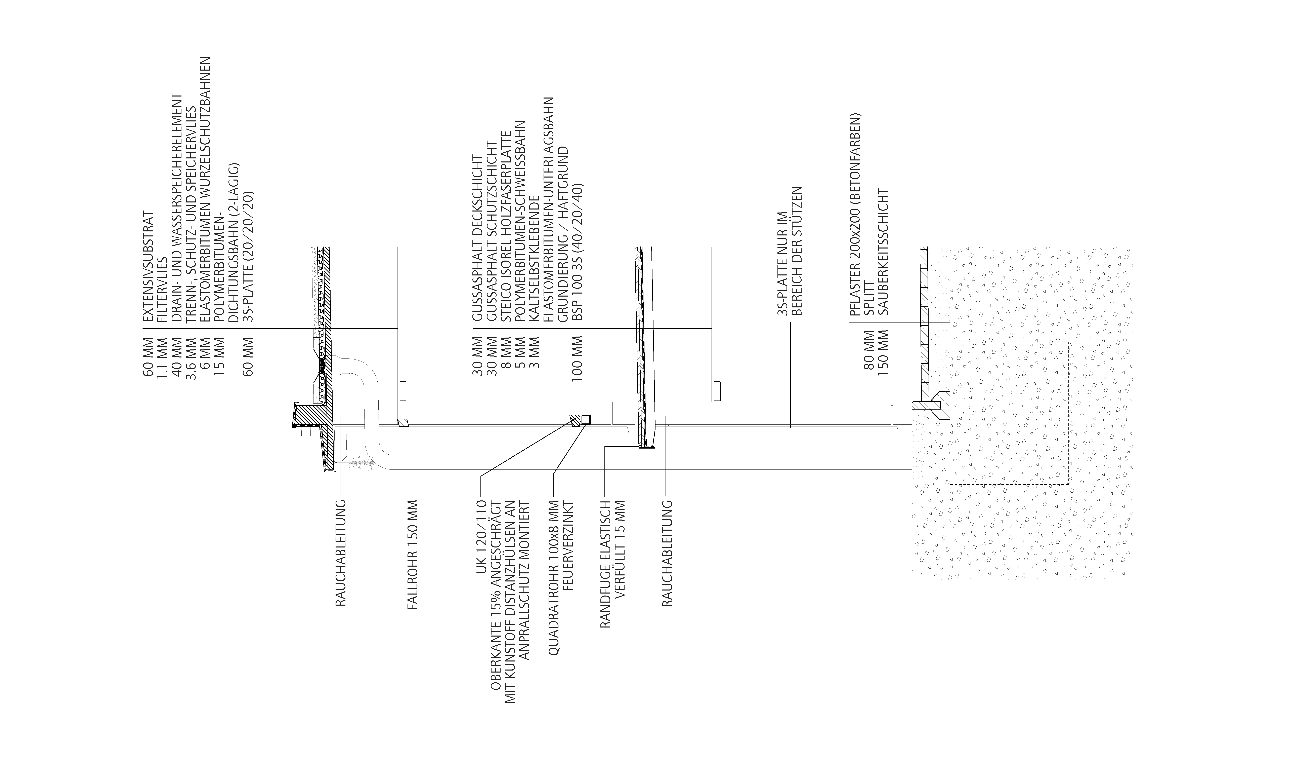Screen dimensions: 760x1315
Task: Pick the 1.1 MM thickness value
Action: coord(163,359)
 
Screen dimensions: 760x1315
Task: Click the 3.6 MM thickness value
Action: coord(191,359)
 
